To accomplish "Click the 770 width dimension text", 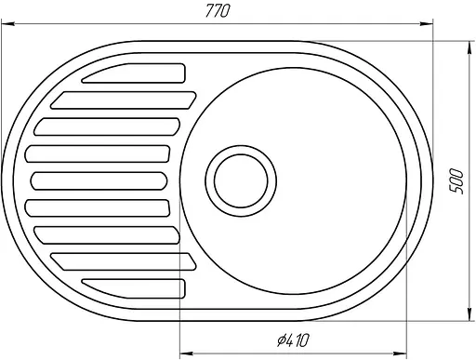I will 216,10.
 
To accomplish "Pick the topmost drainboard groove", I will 139,73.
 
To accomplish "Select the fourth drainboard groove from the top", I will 102,153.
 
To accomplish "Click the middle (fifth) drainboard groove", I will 102,180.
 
